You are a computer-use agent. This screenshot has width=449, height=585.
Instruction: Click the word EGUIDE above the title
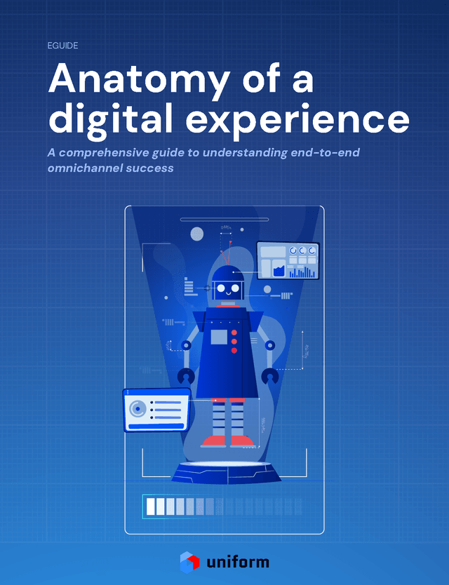point(63,46)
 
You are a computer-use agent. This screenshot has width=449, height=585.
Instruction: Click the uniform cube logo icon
point(190,561)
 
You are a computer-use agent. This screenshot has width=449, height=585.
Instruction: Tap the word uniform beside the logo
point(239,562)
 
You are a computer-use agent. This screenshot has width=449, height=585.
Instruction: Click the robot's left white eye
point(221,288)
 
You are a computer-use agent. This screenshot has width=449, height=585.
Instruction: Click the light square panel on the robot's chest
point(219,337)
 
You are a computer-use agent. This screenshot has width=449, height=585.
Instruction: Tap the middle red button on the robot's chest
point(234,341)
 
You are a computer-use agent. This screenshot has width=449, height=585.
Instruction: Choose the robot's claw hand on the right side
point(269,377)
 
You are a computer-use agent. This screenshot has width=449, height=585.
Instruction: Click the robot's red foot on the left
point(213,441)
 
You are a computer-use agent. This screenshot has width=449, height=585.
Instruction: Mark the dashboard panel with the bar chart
point(288,260)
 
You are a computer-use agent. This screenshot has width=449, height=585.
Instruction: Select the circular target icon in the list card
point(139,408)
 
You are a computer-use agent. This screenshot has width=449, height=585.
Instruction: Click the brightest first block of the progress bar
point(150,506)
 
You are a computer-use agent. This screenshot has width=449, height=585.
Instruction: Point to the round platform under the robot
point(226,471)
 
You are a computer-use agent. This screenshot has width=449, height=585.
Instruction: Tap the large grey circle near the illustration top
point(197,234)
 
